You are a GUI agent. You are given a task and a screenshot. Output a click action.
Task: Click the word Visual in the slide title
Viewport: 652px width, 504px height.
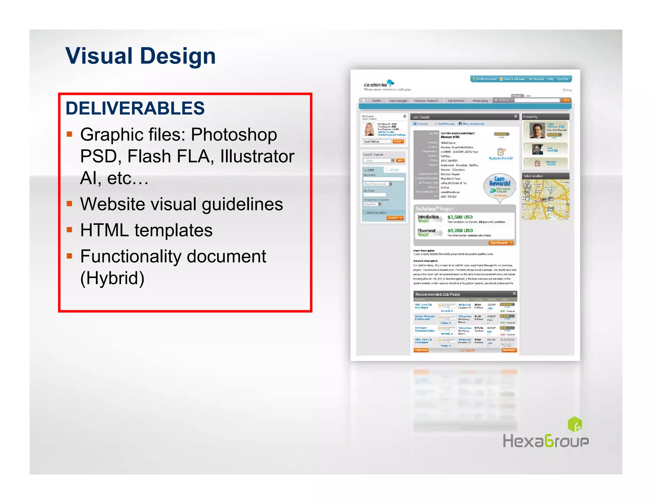click(x=99, y=56)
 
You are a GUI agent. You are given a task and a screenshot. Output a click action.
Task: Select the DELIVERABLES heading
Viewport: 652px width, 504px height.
click(x=135, y=108)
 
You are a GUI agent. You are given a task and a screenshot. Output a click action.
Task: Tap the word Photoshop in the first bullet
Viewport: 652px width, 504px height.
click(x=234, y=134)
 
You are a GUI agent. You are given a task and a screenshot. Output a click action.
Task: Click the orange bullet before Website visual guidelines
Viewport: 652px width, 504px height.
click(x=69, y=204)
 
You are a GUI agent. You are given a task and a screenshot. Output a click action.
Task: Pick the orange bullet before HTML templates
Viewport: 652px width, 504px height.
click(x=69, y=230)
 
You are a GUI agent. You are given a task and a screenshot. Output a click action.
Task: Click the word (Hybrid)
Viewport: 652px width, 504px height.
click(x=112, y=278)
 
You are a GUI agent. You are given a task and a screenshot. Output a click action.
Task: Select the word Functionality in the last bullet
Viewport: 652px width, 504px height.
click(x=131, y=256)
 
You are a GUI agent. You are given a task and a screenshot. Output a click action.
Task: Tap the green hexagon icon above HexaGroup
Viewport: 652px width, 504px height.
click(x=575, y=424)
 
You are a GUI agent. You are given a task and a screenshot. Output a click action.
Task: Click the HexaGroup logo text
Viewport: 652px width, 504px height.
click(x=546, y=441)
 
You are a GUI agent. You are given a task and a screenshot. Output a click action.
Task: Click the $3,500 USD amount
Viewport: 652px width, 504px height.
click(x=460, y=217)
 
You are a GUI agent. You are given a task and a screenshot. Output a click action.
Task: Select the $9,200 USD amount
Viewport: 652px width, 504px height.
click(x=460, y=230)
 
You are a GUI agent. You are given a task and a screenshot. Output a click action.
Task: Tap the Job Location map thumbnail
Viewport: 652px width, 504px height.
click(x=546, y=200)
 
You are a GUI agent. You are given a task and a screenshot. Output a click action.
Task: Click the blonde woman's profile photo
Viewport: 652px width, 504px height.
click(x=369, y=129)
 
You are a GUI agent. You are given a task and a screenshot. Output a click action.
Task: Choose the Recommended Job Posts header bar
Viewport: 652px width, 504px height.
click(x=465, y=294)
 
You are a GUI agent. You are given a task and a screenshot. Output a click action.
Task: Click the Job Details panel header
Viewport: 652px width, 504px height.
click(x=464, y=117)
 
